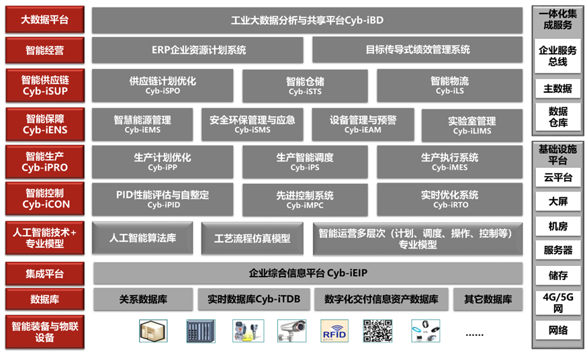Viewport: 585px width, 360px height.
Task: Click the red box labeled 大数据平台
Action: click(45, 20)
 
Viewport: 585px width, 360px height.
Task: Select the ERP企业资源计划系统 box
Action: click(198, 50)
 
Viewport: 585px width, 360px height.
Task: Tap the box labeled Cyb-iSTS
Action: click(305, 86)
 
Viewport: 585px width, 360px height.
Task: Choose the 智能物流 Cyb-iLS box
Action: click(449, 85)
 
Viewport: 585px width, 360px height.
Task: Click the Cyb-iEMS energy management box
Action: click(142, 124)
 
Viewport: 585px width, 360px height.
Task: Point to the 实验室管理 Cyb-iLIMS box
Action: click(471, 126)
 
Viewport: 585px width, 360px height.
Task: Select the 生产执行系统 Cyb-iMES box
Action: click(449, 162)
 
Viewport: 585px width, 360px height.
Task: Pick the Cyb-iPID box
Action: click(163, 199)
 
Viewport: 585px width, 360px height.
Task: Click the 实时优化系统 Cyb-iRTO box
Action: click(449, 199)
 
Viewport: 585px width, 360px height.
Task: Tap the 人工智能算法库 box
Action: click(142, 238)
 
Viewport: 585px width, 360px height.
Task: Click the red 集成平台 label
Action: click(45, 273)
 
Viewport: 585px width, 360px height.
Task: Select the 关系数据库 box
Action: click(142, 300)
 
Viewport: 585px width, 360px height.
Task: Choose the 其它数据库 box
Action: click(488, 300)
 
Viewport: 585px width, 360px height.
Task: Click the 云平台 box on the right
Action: click(557, 178)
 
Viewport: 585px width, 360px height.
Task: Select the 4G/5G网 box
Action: click(557, 302)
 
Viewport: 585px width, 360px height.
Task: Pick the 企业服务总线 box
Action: click(557, 56)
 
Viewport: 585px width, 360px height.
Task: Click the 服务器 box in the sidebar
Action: click(557, 251)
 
